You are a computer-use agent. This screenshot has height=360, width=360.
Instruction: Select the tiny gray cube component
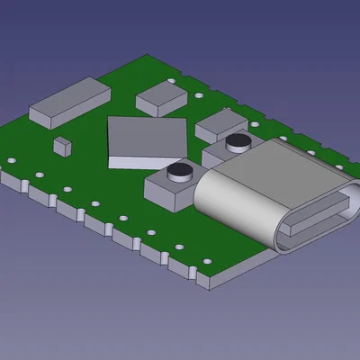point(61,143)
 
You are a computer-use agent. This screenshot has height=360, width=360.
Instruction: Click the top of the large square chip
point(147,135)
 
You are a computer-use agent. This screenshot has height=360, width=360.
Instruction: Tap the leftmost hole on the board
point(12,161)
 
